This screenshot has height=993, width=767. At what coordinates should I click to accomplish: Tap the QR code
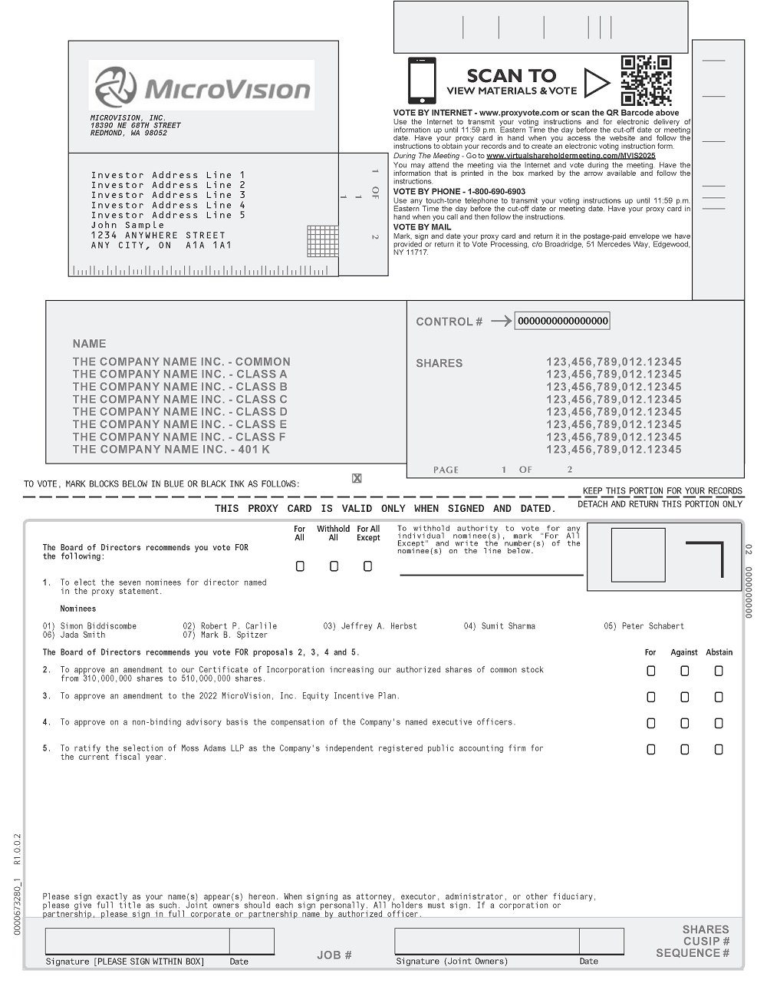click(646, 80)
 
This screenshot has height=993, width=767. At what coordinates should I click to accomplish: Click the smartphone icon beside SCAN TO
click(422, 81)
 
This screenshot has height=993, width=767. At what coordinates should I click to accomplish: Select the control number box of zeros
click(562, 321)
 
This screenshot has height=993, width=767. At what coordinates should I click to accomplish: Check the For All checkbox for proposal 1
click(300, 566)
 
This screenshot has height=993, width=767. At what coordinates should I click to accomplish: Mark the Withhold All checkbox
click(334, 566)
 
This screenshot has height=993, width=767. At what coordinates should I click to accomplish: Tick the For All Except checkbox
click(367, 566)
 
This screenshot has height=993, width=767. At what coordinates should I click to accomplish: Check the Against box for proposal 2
click(684, 671)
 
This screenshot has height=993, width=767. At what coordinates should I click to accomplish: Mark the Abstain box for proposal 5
click(719, 749)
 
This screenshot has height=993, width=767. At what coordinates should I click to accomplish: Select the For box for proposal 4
click(650, 723)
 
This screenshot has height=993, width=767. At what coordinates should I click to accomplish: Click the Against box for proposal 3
click(684, 697)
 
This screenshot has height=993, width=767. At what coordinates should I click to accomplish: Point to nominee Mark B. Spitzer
click(234, 635)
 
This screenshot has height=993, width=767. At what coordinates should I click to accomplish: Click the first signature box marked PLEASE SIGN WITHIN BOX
click(137, 941)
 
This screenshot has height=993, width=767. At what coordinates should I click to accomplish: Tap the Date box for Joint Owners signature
click(601, 941)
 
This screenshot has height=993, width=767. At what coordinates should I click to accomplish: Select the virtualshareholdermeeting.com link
click(571, 156)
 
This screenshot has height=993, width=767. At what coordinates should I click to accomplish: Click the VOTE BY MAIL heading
click(423, 227)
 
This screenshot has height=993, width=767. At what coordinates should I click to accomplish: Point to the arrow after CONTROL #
click(501, 322)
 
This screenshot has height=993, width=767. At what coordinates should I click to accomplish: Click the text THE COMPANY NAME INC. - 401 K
click(171, 450)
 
